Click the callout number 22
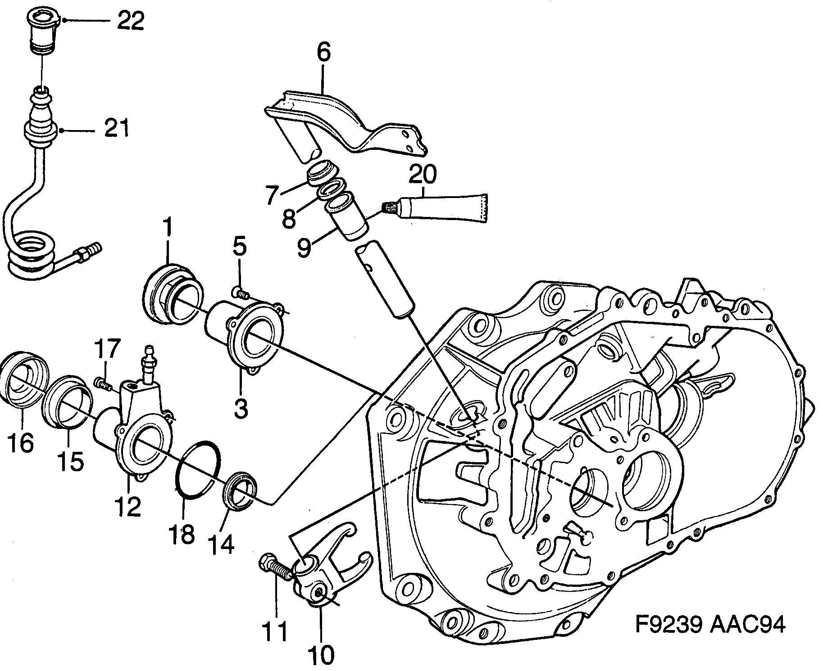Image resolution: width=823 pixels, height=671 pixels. tap(130, 21)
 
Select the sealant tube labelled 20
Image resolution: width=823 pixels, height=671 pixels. tap(444, 208)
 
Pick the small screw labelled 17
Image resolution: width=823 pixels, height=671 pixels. tap(103, 384)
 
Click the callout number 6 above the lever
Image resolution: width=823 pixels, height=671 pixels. tap(323, 53)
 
